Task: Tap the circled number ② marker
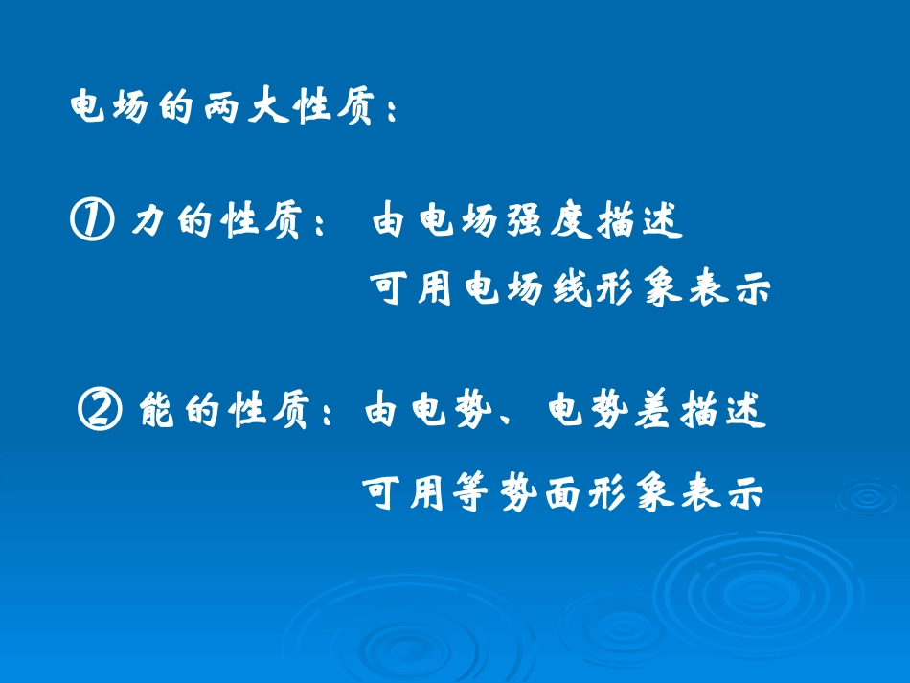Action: (99, 412)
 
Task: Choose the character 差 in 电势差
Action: (653, 412)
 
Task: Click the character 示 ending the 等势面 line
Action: (745, 494)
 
